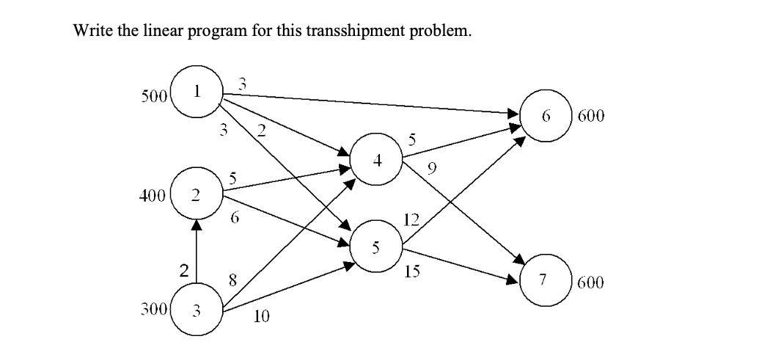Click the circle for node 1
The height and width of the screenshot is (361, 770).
coord(196,90)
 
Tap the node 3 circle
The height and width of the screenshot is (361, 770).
coord(196,310)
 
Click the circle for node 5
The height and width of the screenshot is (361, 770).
coord(376,247)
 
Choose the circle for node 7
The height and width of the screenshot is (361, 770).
coord(543,280)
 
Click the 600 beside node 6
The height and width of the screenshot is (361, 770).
coord(591,117)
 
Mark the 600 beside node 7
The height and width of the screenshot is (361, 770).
coord(590,282)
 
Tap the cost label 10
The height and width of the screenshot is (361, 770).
coord(262,317)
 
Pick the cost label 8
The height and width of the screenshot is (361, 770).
coord(232,278)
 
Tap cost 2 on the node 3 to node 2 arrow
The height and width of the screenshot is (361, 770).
coord(184,271)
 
